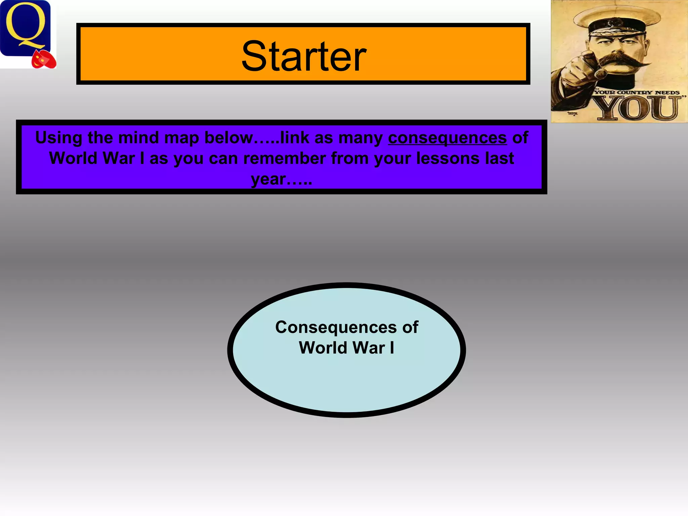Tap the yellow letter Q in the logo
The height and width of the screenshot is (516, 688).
pos(25,27)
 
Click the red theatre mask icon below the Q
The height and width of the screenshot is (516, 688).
pos(44,60)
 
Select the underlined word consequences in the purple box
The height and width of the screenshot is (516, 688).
pos(447,138)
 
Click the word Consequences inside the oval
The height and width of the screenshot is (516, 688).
pos(336,327)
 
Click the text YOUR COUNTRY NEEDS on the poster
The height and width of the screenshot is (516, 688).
pos(637,92)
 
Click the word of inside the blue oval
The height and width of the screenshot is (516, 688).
pos(410,327)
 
